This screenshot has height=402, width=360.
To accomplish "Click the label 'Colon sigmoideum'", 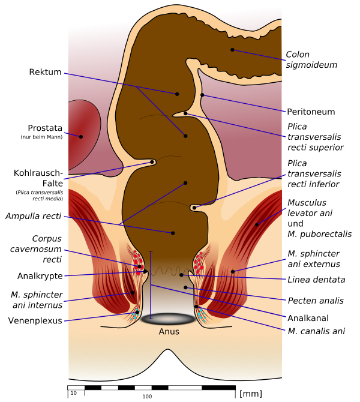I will [x=311, y=59].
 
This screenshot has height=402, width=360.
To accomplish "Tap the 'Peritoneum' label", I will [x=310, y=112].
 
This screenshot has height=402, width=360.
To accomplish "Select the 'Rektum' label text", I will [x=46, y=73].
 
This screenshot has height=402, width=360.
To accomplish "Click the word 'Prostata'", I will [x=46, y=128].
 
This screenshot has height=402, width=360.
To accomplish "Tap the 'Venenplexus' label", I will [x=35, y=320].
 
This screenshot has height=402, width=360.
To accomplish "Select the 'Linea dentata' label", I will [x=316, y=279].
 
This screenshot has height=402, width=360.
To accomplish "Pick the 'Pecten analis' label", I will [x=314, y=300].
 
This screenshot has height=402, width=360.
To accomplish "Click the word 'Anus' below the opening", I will [x=169, y=331].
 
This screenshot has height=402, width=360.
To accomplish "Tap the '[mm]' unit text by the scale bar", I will [x=250, y=394].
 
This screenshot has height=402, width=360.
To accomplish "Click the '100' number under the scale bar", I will [x=147, y=397].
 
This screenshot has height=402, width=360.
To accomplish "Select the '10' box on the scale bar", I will [x=74, y=393].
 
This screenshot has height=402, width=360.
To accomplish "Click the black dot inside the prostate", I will [x=80, y=136].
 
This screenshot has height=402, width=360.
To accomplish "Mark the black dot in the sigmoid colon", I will [x=232, y=50].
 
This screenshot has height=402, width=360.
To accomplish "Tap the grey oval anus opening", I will [x=169, y=320].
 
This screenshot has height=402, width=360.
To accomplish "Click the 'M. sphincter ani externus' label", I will [x=313, y=259].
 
